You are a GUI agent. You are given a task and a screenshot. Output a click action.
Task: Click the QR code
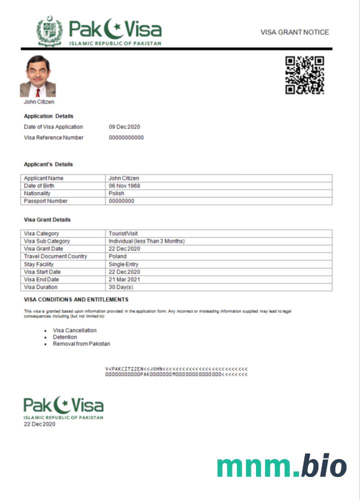304,75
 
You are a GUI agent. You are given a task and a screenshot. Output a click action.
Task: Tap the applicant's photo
37,76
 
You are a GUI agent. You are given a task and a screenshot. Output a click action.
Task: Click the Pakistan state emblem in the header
49,31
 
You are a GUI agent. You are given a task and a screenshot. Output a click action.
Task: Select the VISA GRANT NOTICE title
294,32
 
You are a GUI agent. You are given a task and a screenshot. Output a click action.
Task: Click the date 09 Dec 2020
124,127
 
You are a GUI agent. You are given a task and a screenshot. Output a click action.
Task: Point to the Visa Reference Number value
126,137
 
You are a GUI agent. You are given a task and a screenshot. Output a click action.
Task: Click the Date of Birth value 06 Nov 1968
124,186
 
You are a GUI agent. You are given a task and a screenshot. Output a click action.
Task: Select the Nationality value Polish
116,193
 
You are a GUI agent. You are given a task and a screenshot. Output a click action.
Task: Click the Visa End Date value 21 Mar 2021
124,279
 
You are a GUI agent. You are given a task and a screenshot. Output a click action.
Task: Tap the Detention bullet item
65,337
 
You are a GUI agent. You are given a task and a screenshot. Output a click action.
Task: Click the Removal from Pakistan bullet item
81,344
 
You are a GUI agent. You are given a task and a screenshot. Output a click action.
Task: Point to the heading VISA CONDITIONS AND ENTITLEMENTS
76,299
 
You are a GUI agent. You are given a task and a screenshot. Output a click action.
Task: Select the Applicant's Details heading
48,164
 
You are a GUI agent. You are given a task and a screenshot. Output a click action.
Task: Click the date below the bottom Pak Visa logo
39,424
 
